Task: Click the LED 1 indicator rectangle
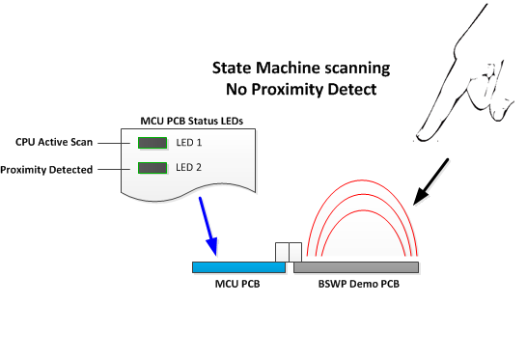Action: click(153, 143)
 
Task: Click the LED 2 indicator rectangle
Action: click(153, 168)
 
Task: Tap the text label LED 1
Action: click(190, 143)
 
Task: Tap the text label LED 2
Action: click(190, 168)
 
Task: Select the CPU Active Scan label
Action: click(54, 142)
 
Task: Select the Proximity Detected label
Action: click(47, 170)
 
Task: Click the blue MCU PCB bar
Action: click(233, 266)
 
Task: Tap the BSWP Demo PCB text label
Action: click(360, 286)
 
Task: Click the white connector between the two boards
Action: click(289, 252)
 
